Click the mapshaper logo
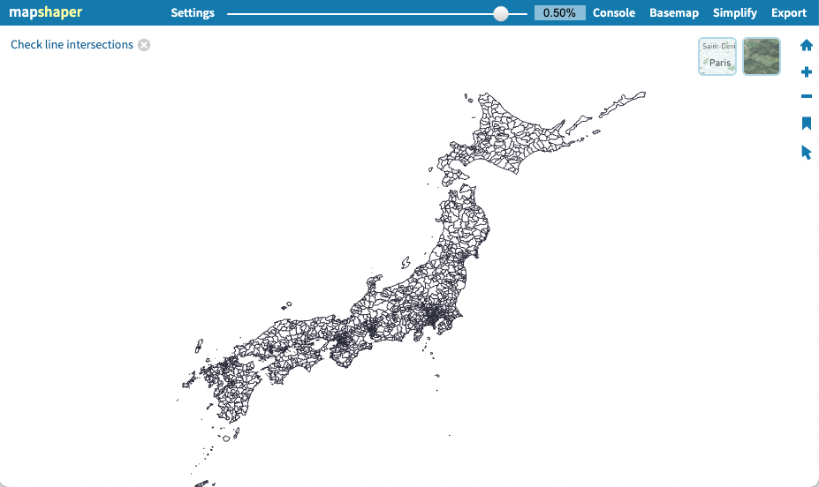(45, 12)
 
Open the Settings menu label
(193, 13)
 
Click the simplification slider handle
(501, 13)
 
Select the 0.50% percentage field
(559, 13)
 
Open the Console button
(614, 13)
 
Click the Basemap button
(674, 13)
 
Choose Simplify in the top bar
(735, 13)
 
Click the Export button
(789, 13)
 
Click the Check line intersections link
(72, 44)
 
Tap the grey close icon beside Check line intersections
(144, 45)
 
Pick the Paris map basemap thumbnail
(717, 56)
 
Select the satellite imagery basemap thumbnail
(762, 56)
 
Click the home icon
(806, 45)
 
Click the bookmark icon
(806, 123)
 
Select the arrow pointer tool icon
(806, 152)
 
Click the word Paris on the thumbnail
(720, 63)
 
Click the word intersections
(100, 44)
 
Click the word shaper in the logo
(60, 12)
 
